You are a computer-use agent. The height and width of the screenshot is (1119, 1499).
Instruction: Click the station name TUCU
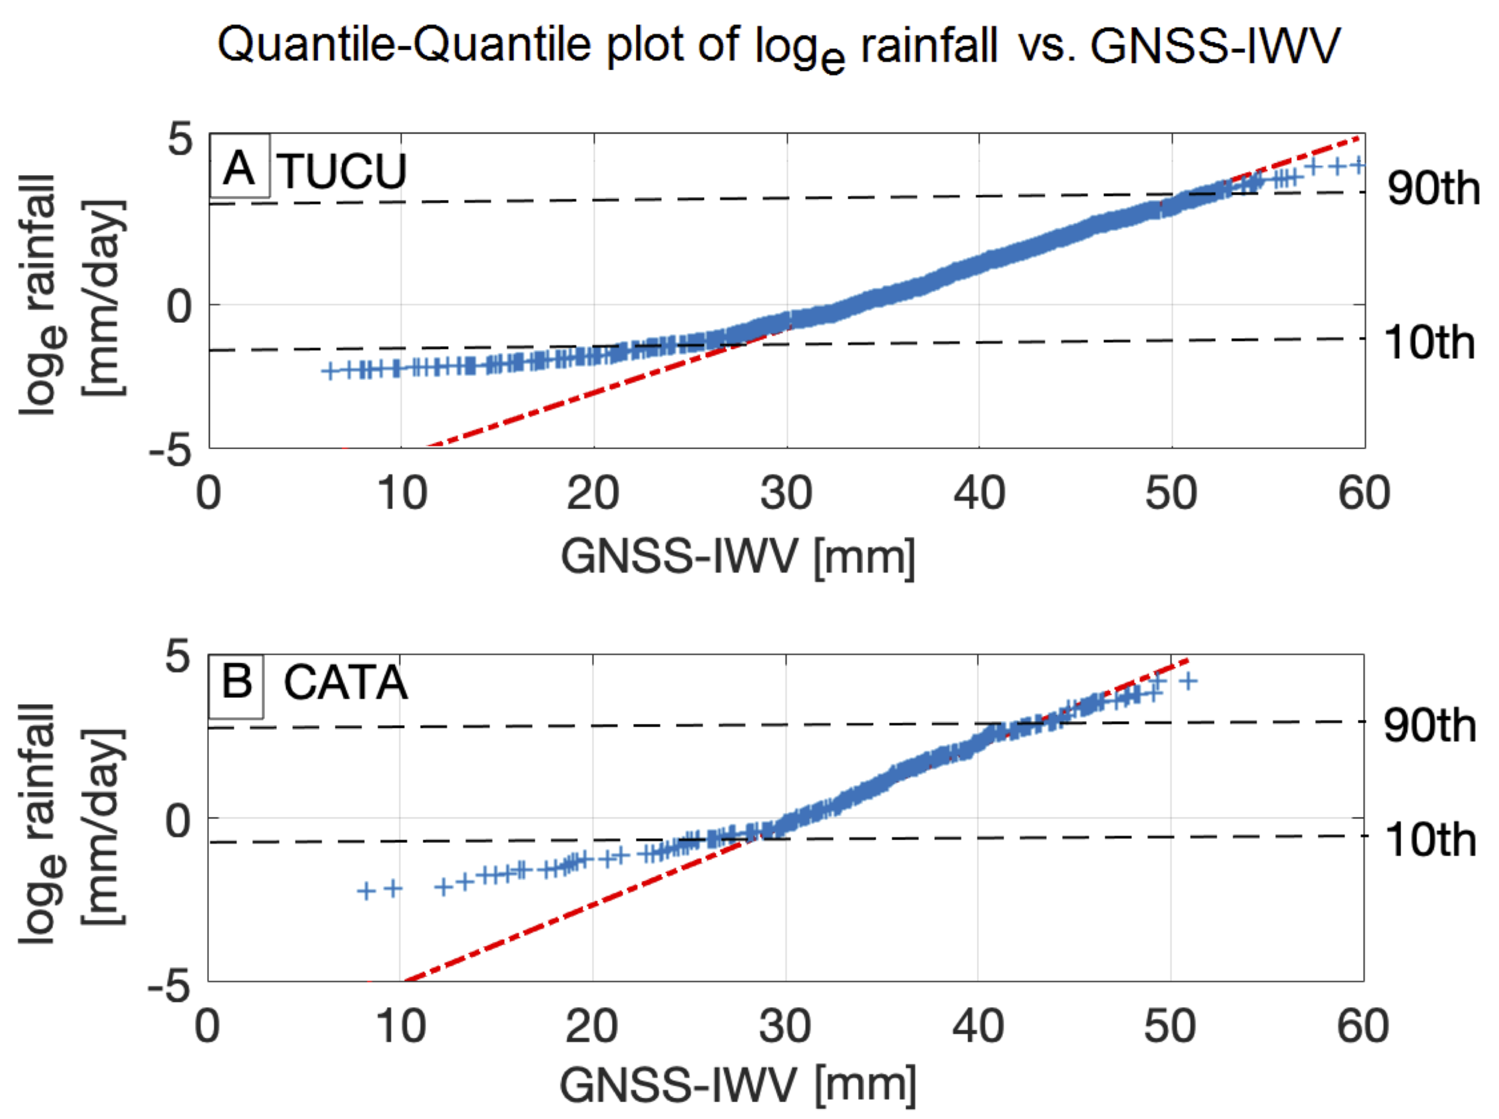coord(342,171)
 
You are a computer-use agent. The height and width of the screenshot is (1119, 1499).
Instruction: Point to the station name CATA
coord(346,682)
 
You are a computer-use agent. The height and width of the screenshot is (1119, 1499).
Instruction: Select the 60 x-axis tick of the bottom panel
coord(1362,1026)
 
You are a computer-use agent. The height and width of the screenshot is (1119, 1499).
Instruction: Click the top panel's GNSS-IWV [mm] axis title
coord(738,557)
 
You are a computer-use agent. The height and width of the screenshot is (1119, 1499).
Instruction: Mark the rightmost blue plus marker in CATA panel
coord(1188,681)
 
